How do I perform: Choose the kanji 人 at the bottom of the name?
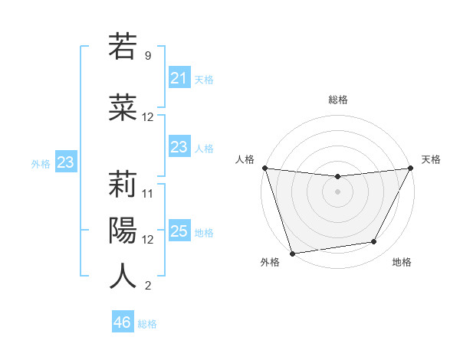(123, 276)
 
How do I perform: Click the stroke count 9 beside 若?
(147, 56)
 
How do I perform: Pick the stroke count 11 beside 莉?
(148, 193)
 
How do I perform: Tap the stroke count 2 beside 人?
(147, 286)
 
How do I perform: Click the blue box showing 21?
(179, 77)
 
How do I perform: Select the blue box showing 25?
(179, 231)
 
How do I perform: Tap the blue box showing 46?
(122, 322)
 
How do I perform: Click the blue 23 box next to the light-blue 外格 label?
(65, 162)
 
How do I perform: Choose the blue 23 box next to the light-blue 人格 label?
(179, 147)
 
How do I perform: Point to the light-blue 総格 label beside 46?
(147, 324)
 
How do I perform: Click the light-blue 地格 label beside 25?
(204, 232)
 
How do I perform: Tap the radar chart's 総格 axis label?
(337, 100)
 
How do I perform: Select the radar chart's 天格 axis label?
(431, 159)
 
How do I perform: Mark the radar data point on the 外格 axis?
(291, 253)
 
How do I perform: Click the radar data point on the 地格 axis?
(374, 242)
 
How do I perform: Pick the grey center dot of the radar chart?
(337, 191)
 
